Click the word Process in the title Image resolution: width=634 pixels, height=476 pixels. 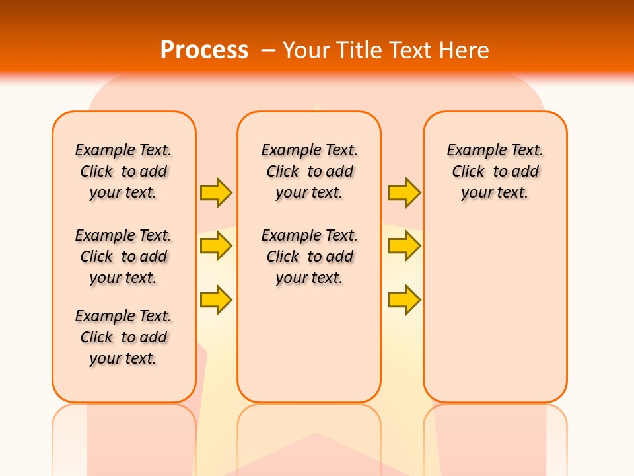(x=204, y=50)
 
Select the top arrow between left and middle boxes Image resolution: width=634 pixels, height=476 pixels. (x=216, y=192)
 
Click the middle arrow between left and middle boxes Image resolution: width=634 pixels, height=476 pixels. (x=216, y=247)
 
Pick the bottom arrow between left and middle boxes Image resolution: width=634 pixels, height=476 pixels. (x=216, y=299)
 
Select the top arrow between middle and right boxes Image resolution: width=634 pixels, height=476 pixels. (x=404, y=192)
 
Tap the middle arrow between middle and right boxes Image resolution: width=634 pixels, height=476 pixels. (x=404, y=247)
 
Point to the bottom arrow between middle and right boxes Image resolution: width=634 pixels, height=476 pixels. (x=404, y=299)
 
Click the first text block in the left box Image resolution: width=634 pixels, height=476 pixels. (x=123, y=171)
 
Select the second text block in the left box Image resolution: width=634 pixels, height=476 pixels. (x=123, y=257)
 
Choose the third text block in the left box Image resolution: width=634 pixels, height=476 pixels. (x=123, y=337)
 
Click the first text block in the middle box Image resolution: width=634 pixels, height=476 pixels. (x=309, y=171)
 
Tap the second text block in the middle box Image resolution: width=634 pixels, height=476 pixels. (x=309, y=257)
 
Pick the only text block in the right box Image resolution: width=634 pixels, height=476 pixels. (x=495, y=171)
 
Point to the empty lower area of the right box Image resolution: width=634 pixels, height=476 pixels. (x=495, y=311)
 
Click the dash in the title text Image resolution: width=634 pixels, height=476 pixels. (x=269, y=50)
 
